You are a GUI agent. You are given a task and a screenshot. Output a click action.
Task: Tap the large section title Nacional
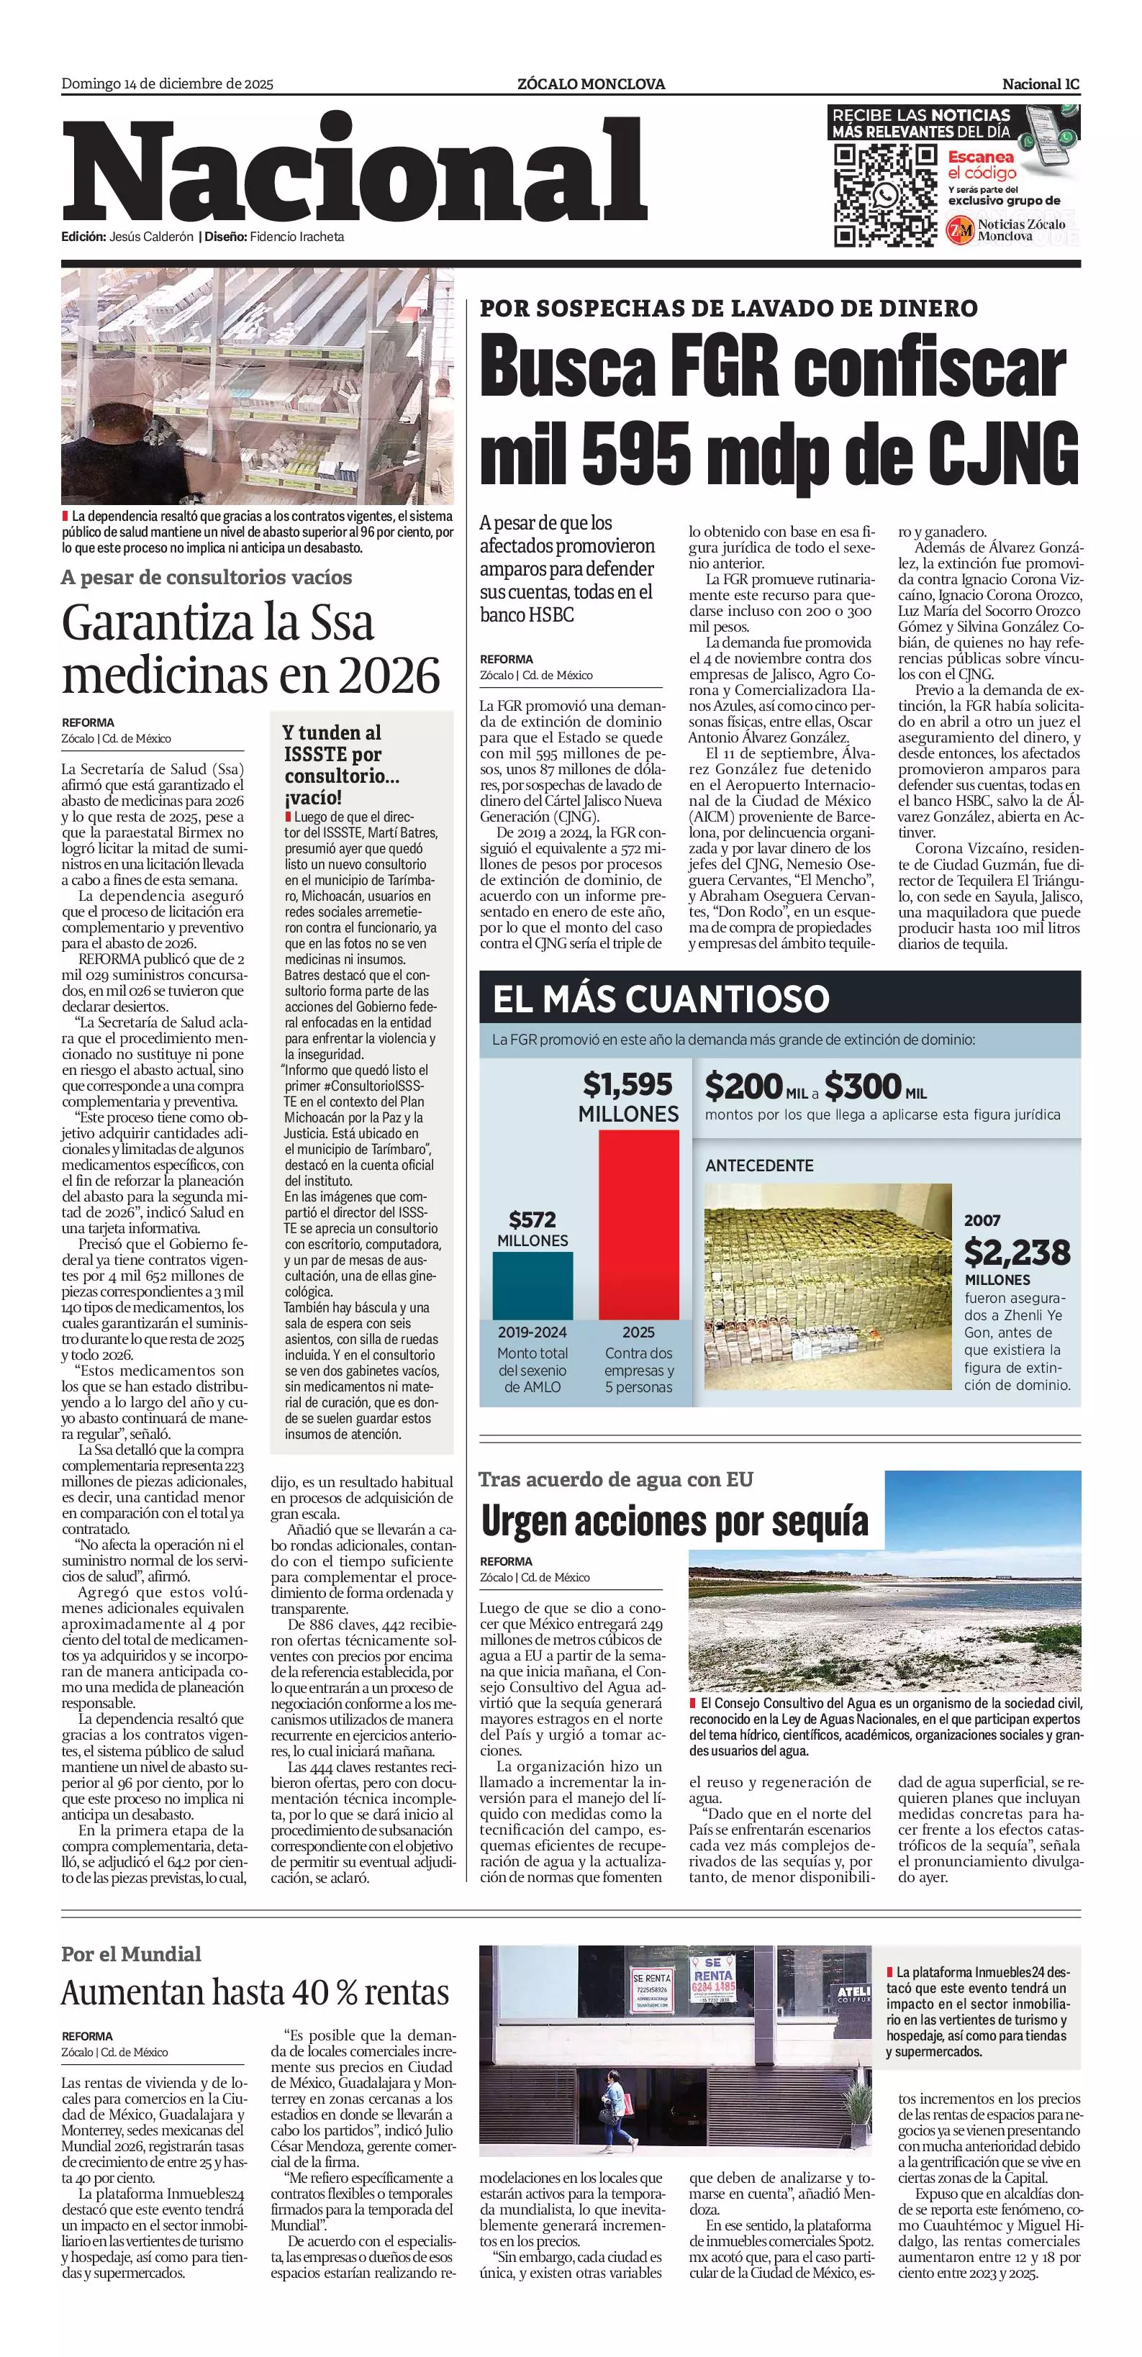tap(355, 174)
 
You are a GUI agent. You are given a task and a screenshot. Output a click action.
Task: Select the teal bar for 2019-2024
tap(533, 1285)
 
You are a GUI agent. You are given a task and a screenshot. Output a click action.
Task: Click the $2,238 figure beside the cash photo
tap(1017, 1253)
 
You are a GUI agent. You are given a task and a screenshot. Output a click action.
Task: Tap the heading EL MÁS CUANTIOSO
tap(661, 998)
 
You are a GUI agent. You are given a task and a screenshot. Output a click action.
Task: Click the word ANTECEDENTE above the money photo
tap(758, 1165)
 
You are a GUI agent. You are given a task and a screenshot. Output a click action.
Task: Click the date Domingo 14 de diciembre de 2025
tap(168, 84)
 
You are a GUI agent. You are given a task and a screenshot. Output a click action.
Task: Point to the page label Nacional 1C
tap(1041, 84)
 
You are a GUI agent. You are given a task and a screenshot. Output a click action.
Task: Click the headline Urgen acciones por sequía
tap(674, 1521)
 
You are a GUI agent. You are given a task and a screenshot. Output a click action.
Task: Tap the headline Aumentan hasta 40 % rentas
tap(255, 1992)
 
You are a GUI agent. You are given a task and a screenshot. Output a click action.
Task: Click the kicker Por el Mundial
tap(131, 1953)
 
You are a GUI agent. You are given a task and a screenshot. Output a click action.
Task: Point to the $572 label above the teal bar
tap(533, 1220)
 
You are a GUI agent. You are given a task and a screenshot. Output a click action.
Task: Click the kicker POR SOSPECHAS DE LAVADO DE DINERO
tap(728, 309)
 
